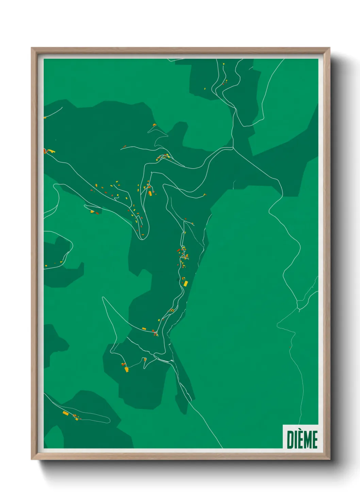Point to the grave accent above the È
(x=301, y=430)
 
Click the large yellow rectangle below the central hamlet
(x=186, y=283)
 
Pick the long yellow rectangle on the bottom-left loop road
(x=66, y=413)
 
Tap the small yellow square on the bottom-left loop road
(x=77, y=419)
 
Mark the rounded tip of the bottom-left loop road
(x=109, y=420)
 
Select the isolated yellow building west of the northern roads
(x=205, y=89)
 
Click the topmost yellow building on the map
(x=224, y=64)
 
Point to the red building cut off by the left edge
(x=45, y=151)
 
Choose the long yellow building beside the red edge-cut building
(x=51, y=151)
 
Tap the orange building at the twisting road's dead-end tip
(x=154, y=125)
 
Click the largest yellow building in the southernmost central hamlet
(x=127, y=369)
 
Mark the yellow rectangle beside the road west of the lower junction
(x=144, y=329)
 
